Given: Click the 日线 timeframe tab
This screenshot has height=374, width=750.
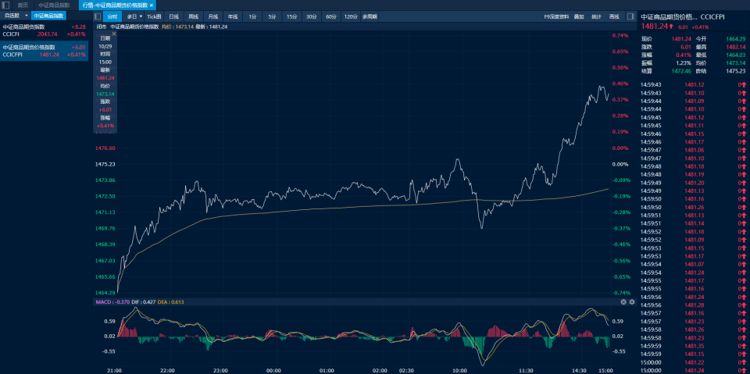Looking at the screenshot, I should coord(173,16).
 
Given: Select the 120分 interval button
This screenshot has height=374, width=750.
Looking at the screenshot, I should coord(351,16).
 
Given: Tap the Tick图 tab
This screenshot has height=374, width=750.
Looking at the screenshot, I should coord(154,16).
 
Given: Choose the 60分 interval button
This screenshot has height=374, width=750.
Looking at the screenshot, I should coord(331,16).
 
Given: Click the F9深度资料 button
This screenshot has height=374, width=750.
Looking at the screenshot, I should coord(556,16).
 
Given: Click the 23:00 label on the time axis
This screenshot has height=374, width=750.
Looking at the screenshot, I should coord(220,370).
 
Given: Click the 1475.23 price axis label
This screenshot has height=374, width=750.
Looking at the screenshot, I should coord(105,165).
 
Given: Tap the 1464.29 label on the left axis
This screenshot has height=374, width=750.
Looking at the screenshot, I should coord(105,293).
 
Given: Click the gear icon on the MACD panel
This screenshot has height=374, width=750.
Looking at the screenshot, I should coord(631,301).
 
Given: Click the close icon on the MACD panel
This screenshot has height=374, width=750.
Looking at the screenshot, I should coord(623,301).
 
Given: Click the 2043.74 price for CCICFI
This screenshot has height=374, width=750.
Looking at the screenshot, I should coord(48,34).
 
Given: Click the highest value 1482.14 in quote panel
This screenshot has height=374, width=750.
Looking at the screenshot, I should coord(735,46).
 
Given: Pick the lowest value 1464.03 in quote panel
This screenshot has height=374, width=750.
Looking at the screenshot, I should coord(735,55).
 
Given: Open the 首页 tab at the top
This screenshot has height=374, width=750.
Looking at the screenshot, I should coord(23,5).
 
